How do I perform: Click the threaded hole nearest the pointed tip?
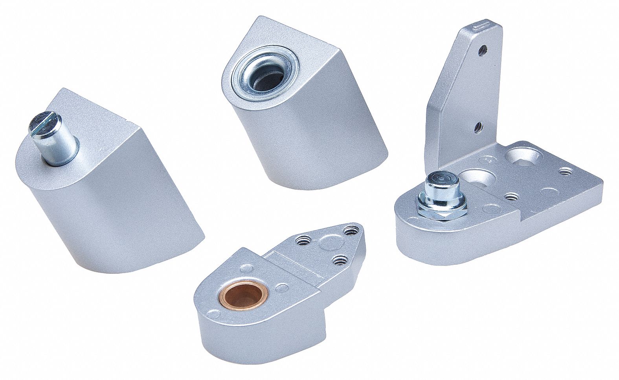click(348, 231)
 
